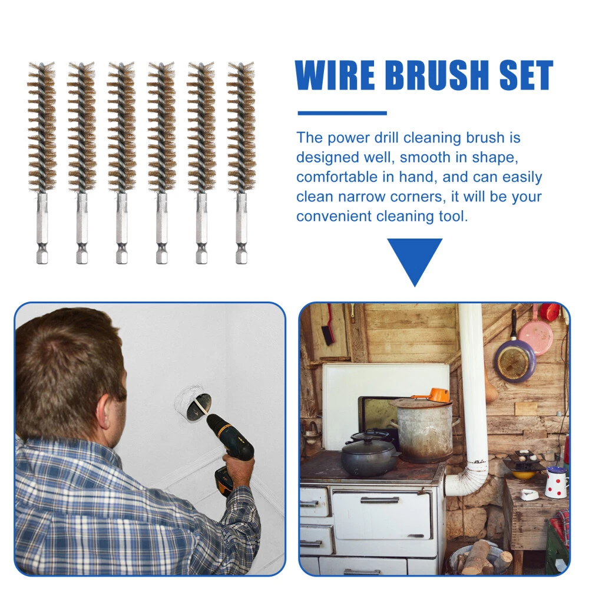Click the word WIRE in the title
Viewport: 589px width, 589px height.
click(x=335, y=75)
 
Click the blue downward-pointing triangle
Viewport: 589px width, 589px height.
click(x=415, y=262)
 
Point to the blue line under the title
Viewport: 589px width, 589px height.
click(x=342, y=113)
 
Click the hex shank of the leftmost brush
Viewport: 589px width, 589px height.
click(x=42, y=229)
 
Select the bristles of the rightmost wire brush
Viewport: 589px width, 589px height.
click(x=241, y=128)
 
